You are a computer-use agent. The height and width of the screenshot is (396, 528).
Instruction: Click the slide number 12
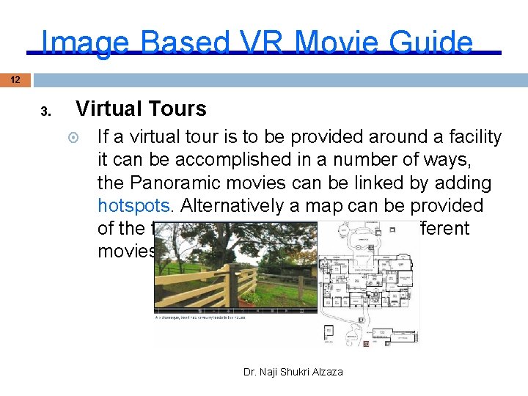tap(15, 79)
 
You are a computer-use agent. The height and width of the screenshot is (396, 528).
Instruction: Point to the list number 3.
tap(45, 112)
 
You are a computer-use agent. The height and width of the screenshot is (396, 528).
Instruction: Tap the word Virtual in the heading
tap(107, 109)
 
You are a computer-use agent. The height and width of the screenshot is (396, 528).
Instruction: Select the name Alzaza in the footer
tap(327, 372)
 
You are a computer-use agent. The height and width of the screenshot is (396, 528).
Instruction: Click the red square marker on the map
tap(366, 343)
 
